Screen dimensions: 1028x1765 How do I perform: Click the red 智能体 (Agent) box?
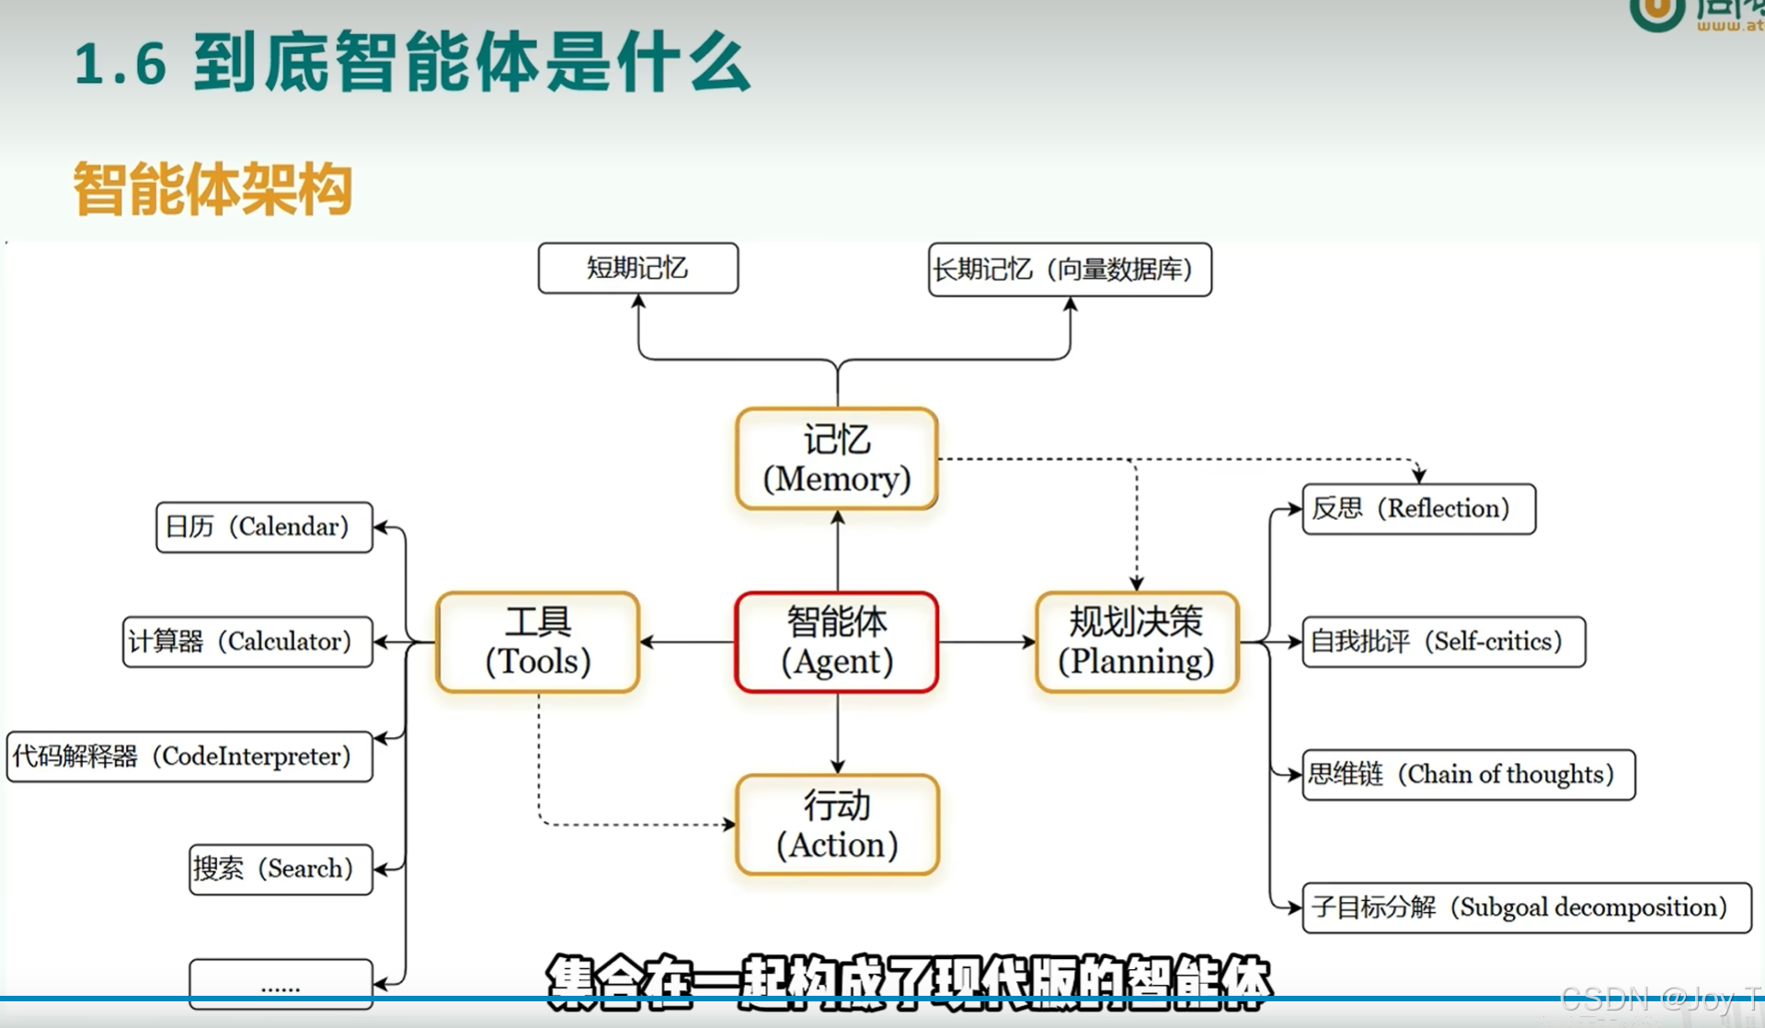pos(836,641)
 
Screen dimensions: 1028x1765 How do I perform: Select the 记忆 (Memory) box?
pos(836,458)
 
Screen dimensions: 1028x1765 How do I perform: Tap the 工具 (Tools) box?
pos(537,641)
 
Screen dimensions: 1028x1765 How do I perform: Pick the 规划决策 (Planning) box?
pos(1136,641)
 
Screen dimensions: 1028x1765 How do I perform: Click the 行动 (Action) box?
pos(836,825)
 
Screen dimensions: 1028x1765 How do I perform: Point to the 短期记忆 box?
pos(637,268)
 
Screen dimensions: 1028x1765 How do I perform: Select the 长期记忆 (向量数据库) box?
pos(1070,269)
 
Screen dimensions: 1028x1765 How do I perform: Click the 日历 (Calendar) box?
pos(264,526)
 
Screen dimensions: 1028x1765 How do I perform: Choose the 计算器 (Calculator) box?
pos(247,641)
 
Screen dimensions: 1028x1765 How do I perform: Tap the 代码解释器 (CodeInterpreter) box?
pos(189,756)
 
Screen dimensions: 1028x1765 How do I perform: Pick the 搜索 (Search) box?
pos(281,869)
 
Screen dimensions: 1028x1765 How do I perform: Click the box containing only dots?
pos(281,982)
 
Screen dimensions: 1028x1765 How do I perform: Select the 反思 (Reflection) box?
pos(1418,508)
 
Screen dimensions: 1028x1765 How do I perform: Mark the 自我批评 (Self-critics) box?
pos(1443,641)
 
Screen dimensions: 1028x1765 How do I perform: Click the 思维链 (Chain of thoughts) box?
pos(1468,774)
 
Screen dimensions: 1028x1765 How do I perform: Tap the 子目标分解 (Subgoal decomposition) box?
pos(1526,907)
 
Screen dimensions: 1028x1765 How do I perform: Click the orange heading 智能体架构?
pos(212,189)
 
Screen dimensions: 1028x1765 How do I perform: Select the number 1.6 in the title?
pos(120,64)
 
